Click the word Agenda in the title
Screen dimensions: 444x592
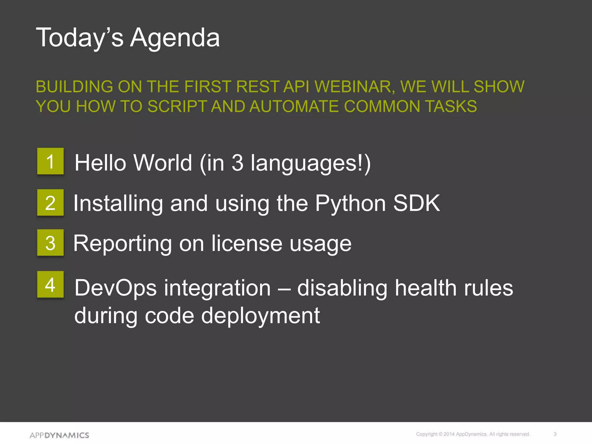175,38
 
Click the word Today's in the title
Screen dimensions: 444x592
79,38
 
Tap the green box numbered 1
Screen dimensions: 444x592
50,161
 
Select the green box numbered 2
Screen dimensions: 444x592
50,203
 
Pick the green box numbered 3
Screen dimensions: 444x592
50,243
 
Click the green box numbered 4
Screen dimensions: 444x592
50,284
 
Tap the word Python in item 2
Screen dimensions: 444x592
350,203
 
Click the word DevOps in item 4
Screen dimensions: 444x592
115,288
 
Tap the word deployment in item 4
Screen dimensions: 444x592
260,316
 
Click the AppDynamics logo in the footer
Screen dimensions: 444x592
59,435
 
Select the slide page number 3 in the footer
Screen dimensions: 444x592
555,434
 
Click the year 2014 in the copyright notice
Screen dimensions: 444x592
449,434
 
